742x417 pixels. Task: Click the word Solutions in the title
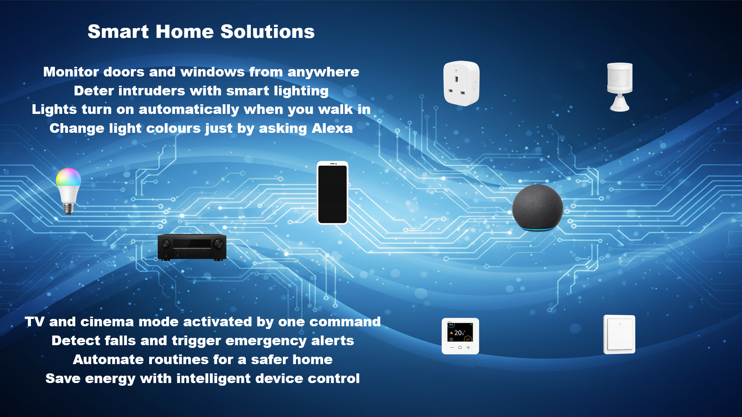(267, 32)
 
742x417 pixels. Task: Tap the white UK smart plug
(461, 83)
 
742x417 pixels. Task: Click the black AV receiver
(192, 247)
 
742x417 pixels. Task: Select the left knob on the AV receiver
(166, 244)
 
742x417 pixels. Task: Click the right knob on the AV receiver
(218, 244)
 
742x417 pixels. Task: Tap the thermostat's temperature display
(460, 332)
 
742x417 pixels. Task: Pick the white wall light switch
(619, 334)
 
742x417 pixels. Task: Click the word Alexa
(332, 128)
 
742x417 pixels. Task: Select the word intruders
(151, 91)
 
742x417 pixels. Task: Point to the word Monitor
(71, 72)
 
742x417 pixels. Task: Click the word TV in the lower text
(34, 322)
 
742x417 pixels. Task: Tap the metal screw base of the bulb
(68, 208)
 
